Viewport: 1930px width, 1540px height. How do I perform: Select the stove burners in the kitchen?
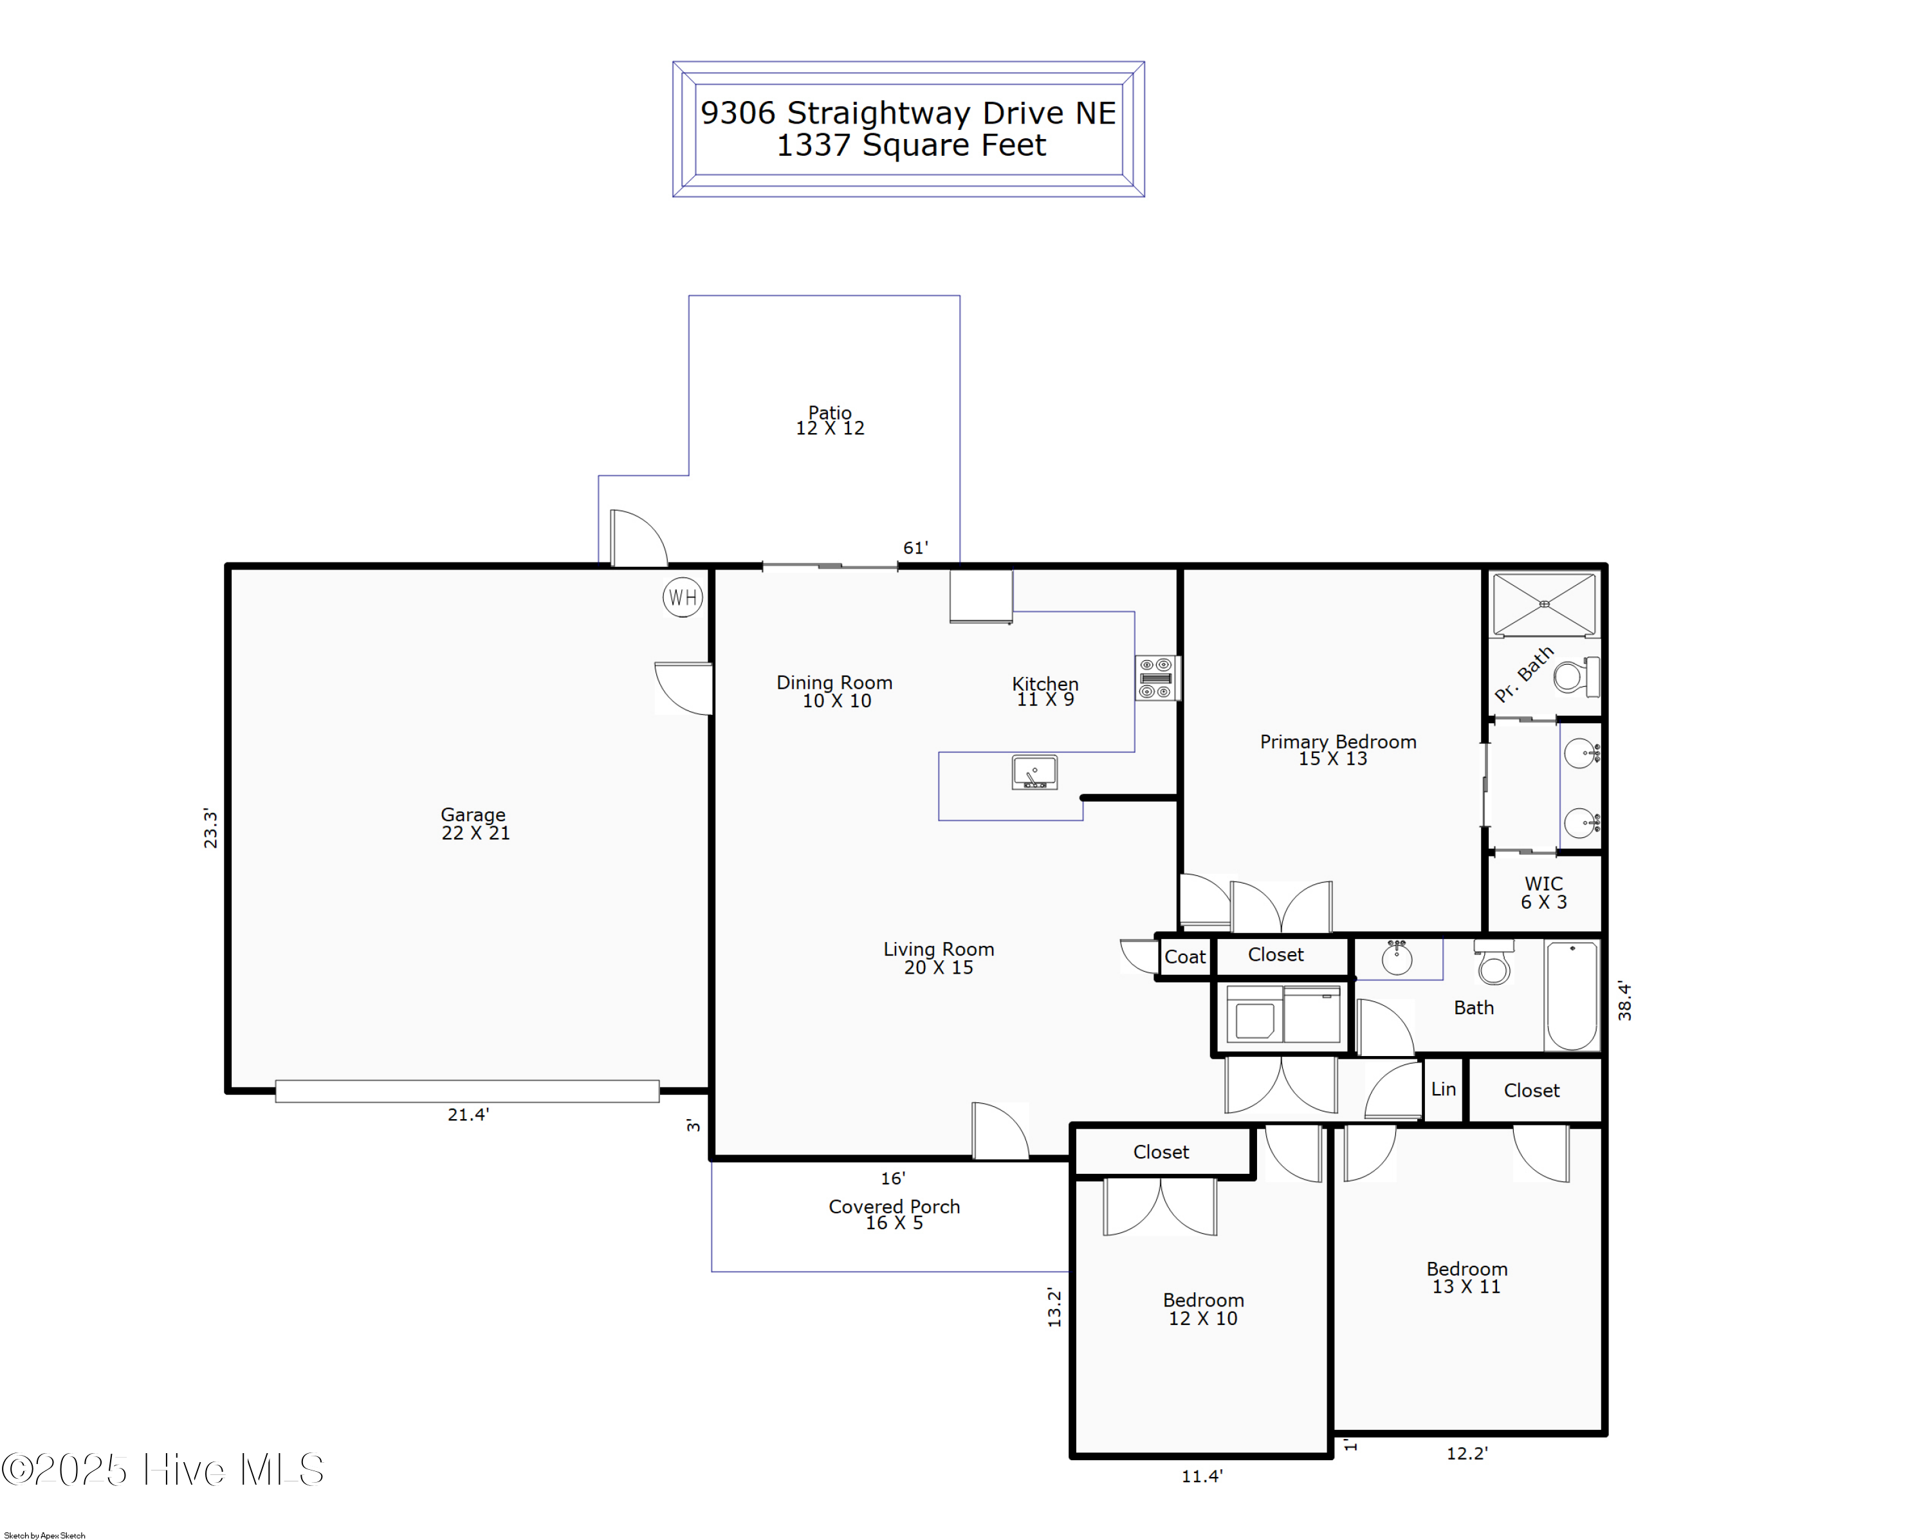pos(1155,678)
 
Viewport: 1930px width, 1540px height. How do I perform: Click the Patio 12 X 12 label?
pos(830,420)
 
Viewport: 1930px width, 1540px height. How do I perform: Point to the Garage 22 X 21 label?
pos(474,824)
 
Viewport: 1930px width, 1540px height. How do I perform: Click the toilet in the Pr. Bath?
pos(1576,676)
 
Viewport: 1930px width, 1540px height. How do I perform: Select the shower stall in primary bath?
pos(1544,604)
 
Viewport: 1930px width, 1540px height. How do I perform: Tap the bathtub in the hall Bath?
pos(1572,995)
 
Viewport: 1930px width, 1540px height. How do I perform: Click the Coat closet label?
pos(1184,957)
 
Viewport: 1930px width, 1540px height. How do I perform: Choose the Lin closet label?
pos(1443,1090)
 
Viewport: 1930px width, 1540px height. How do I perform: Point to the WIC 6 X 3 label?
pos(1543,893)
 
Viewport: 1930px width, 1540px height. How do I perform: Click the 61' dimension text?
pos(915,548)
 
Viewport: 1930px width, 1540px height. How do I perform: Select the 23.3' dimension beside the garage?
pos(210,828)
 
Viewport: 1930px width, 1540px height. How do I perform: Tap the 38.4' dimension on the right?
pos(1625,1000)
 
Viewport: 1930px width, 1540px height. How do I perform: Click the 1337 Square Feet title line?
pos(910,145)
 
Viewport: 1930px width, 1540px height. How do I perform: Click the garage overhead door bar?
pos(467,1091)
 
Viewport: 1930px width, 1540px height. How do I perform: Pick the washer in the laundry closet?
pos(1254,1014)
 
